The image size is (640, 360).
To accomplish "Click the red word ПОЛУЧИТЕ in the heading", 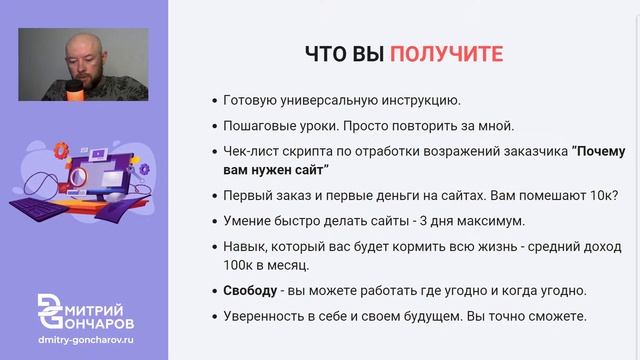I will click(447, 53).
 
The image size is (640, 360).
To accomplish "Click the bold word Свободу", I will click(252, 291).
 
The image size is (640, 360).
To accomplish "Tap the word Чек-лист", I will click(252, 152).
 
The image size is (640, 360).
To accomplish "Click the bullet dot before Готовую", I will click(216, 101).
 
